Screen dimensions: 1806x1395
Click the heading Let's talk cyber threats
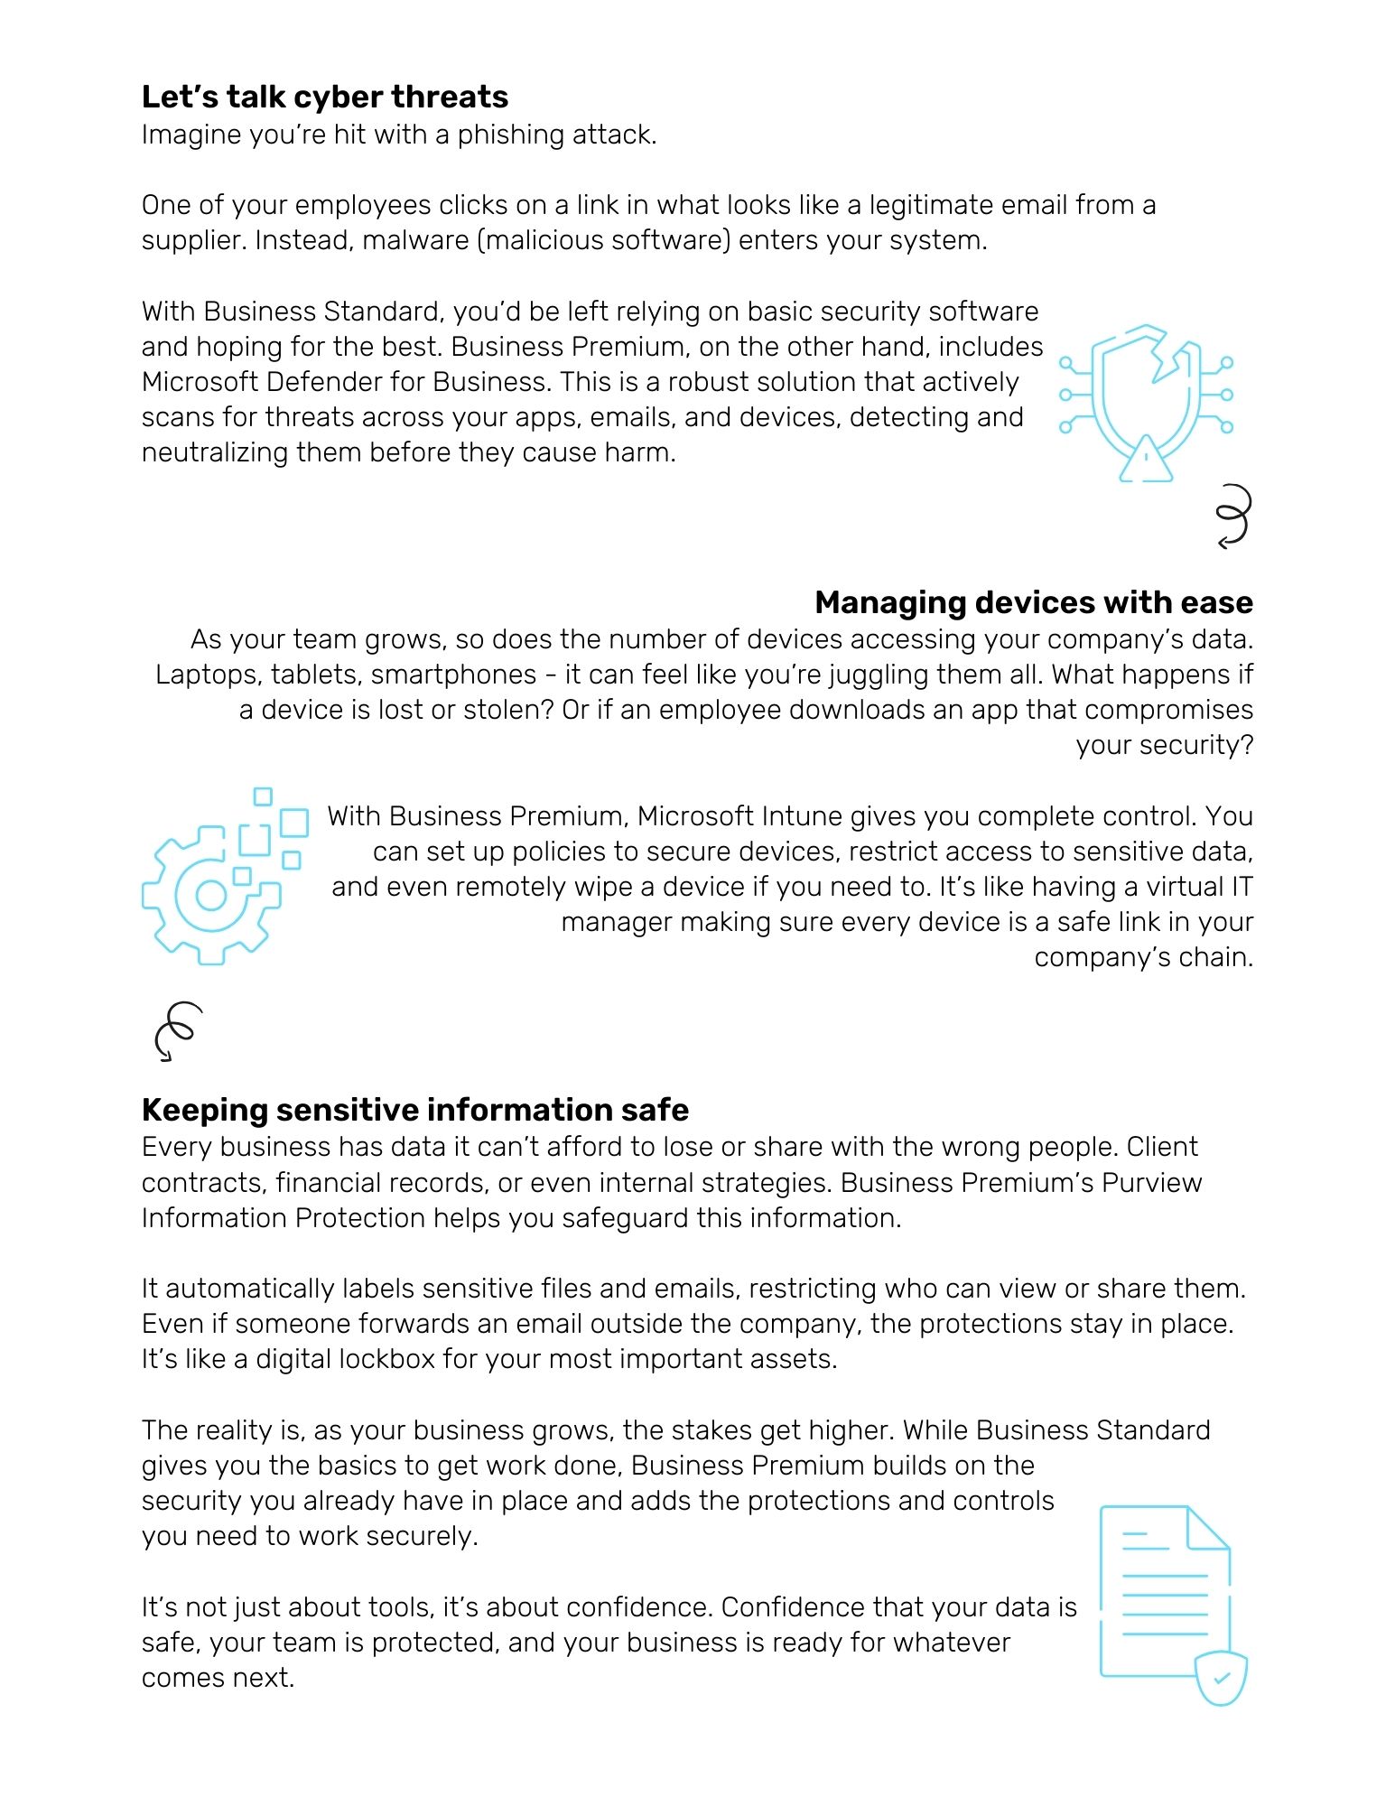coord(325,97)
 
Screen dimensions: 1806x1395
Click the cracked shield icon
coord(1145,388)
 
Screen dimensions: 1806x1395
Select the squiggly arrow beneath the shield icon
coord(1233,516)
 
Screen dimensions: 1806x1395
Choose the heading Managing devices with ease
coord(1033,602)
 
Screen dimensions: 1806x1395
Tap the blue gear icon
coord(211,894)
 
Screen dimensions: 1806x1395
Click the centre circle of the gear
coord(211,896)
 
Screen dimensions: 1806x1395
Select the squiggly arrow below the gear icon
coord(177,1030)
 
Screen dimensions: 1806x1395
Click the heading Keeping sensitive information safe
coord(415,1110)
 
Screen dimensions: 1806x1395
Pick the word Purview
coord(1151,1183)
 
